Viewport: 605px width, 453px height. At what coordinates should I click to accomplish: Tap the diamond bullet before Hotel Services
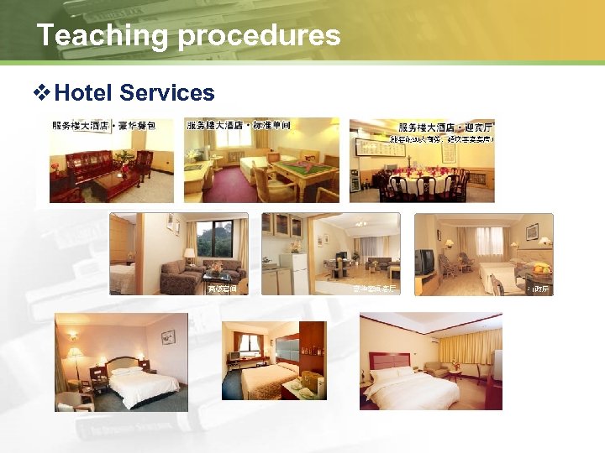tap(44, 91)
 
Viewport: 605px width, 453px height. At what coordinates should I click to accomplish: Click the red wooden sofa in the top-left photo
tap(87, 166)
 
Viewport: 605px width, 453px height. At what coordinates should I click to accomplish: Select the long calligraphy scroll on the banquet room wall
tap(396, 148)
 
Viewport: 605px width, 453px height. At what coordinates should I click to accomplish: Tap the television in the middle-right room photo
tap(425, 261)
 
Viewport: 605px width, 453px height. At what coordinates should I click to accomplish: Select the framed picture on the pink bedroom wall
tap(167, 337)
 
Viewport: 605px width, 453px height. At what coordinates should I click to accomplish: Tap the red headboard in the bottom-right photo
tap(391, 362)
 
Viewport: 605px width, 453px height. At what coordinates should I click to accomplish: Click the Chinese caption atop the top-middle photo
tap(239, 125)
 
